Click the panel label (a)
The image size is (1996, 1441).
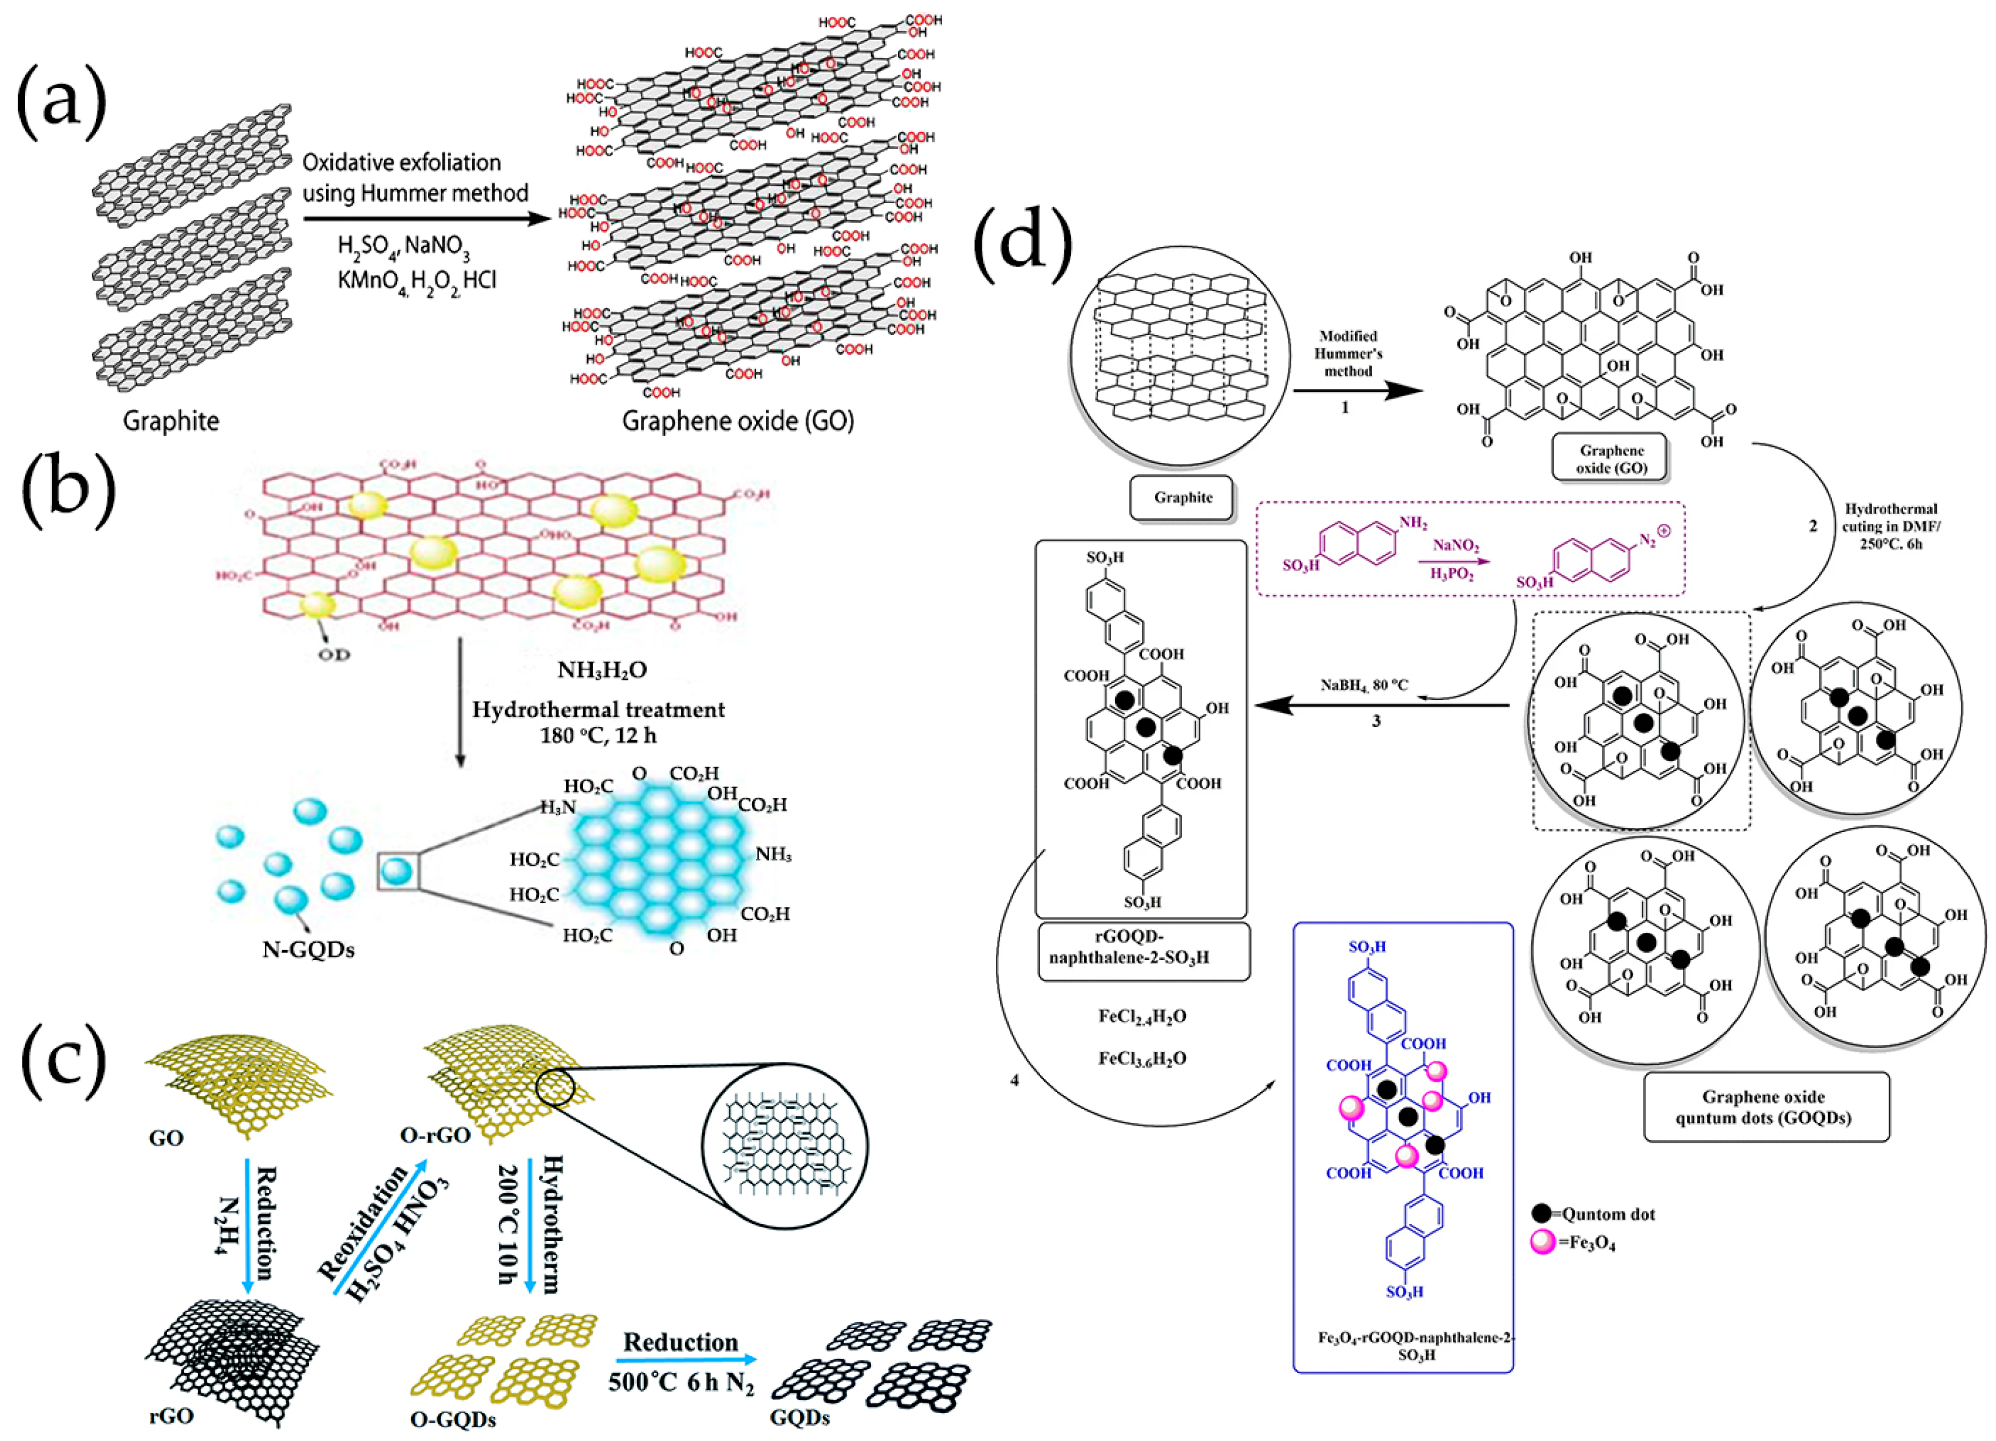coord(62,104)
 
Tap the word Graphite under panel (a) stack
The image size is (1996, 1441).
coord(171,421)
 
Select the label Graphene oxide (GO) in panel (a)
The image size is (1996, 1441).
coord(738,421)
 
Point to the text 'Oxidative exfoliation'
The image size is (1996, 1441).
coord(401,163)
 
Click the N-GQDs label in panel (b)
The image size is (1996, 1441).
coord(308,950)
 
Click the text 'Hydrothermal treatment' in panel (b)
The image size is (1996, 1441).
coord(598,710)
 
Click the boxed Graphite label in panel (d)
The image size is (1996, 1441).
coord(1183,498)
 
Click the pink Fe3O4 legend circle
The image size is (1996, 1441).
coord(1542,1243)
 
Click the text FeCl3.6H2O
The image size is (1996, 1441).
coord(1141,1058)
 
